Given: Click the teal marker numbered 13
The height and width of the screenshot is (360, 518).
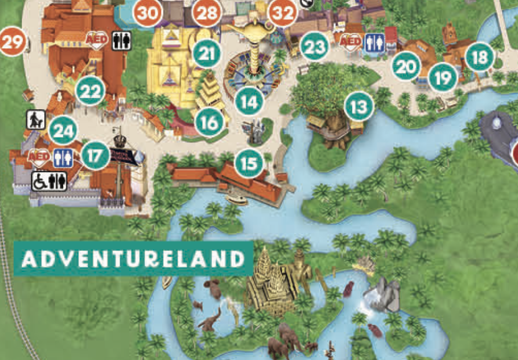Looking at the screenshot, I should point(359,106).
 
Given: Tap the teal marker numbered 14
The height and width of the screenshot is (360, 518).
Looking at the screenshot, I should point(249,102).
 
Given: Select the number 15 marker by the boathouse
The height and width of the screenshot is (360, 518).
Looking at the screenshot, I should point(249,163).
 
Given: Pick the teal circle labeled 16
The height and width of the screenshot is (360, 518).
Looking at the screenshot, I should point(210,123).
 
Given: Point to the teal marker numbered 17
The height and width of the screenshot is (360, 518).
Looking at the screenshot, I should point(95,155).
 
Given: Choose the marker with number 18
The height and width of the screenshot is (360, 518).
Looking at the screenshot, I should point(480,57).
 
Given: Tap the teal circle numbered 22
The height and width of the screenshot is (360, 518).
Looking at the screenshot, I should point(91,91).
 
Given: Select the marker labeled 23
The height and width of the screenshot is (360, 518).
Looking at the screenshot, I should point(314,47).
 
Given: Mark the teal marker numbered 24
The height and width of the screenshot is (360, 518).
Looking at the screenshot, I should point(63,131).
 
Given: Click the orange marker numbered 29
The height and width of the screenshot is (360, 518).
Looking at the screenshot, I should point(13,42).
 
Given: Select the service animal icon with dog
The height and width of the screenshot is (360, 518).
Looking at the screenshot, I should point(35,120).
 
